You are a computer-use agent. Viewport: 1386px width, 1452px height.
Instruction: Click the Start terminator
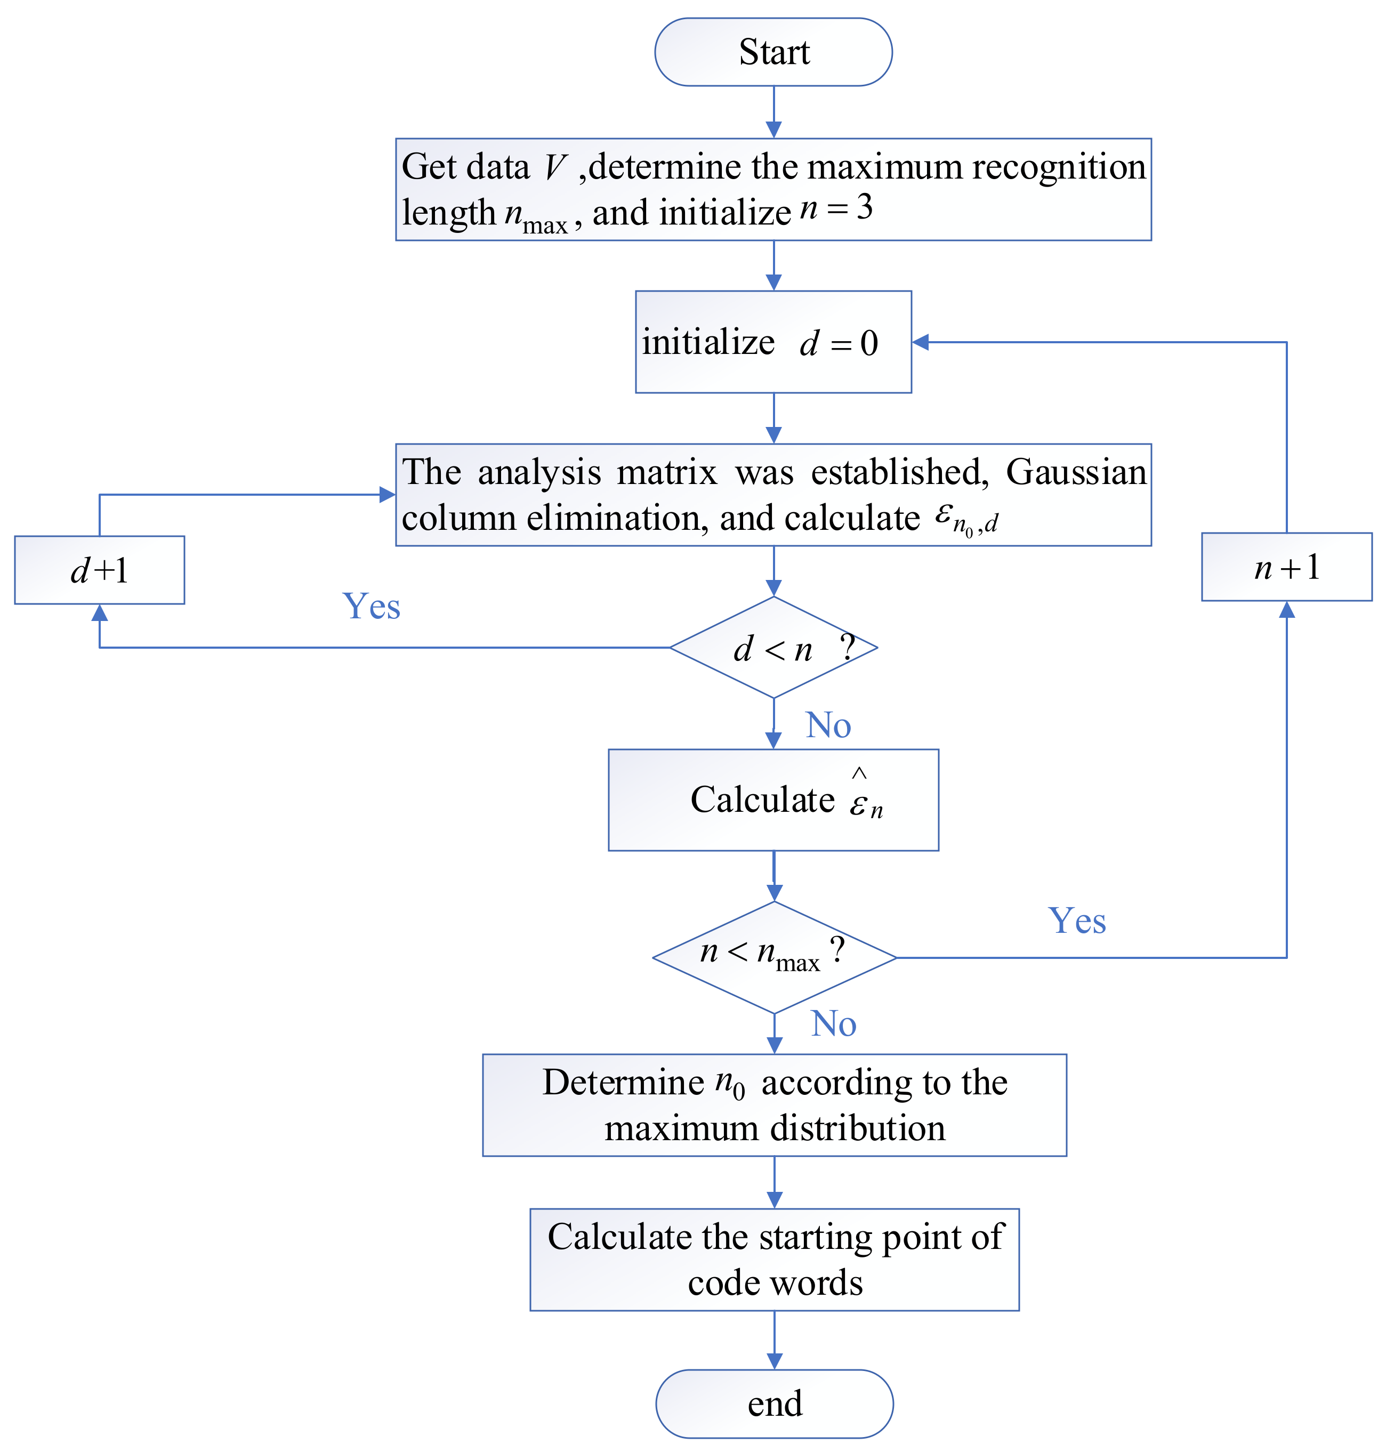pos(773,52)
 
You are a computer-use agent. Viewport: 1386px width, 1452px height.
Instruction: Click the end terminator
pos(774,1404)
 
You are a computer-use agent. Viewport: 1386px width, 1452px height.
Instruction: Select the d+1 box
pos(99,570)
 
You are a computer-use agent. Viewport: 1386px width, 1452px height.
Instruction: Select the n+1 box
pos(1286,567)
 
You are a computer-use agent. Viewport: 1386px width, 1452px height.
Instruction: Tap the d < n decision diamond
pos(773,647)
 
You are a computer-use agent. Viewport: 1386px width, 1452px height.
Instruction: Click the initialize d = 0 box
pos(773,341)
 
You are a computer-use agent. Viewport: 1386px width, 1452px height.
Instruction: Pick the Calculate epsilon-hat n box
pos(773,800)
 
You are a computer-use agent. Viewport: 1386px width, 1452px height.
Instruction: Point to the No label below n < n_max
pos(833,1023)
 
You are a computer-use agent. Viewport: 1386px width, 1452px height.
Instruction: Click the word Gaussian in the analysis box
pos(1076,471)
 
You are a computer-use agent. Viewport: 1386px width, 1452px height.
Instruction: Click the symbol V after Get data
pos(555,167)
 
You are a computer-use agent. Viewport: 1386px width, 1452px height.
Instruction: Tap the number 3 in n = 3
pos(865,208)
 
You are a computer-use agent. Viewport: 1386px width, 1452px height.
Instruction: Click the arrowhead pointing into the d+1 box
pos(100,612)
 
